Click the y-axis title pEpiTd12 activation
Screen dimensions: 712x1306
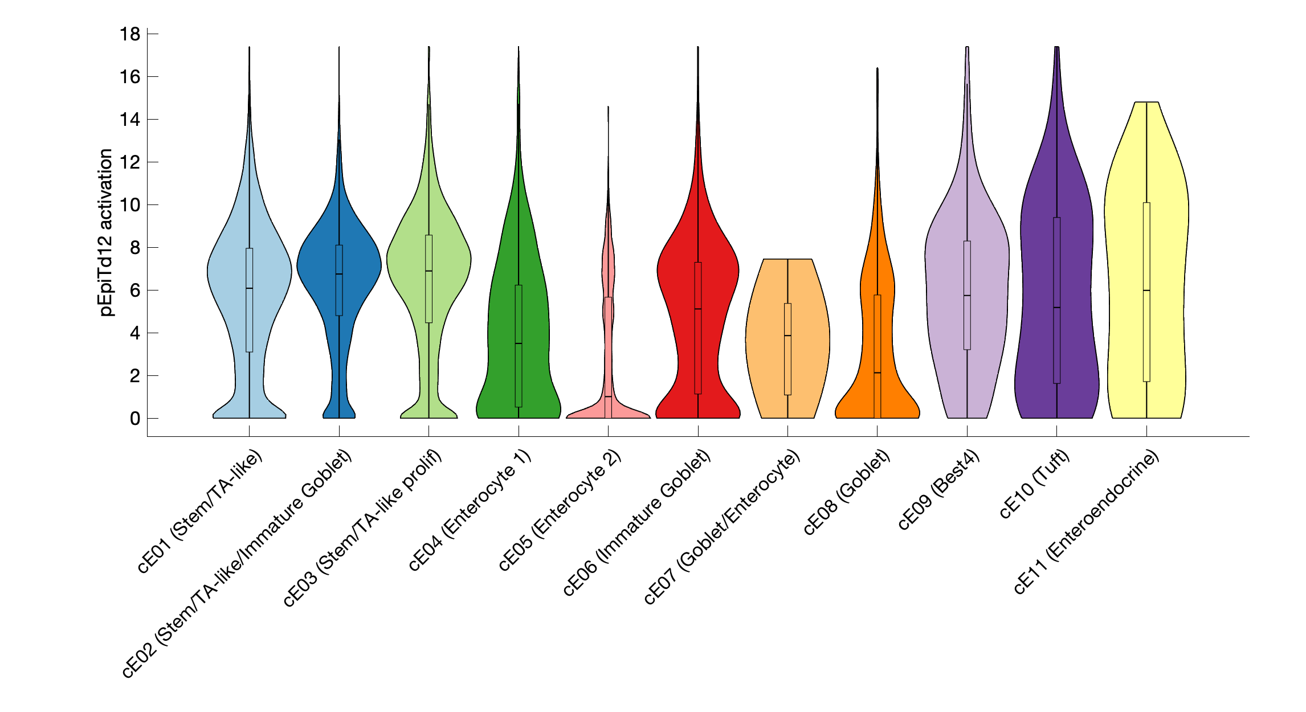click(106, 232)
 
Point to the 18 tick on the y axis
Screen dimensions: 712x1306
click(130, 34)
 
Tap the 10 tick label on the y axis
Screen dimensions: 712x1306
click(130, 205)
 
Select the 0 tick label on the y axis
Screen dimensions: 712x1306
click(134, 419)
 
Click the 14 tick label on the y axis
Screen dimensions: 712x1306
click(130, 120)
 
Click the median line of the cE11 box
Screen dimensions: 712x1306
click(1146, 290)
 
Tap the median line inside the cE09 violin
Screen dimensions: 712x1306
click(967, 296)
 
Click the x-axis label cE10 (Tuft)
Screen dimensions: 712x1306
click(1034, 484)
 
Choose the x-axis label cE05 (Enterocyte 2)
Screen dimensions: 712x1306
click(560, 510)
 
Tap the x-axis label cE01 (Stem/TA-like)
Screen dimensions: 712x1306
click(199, 511)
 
